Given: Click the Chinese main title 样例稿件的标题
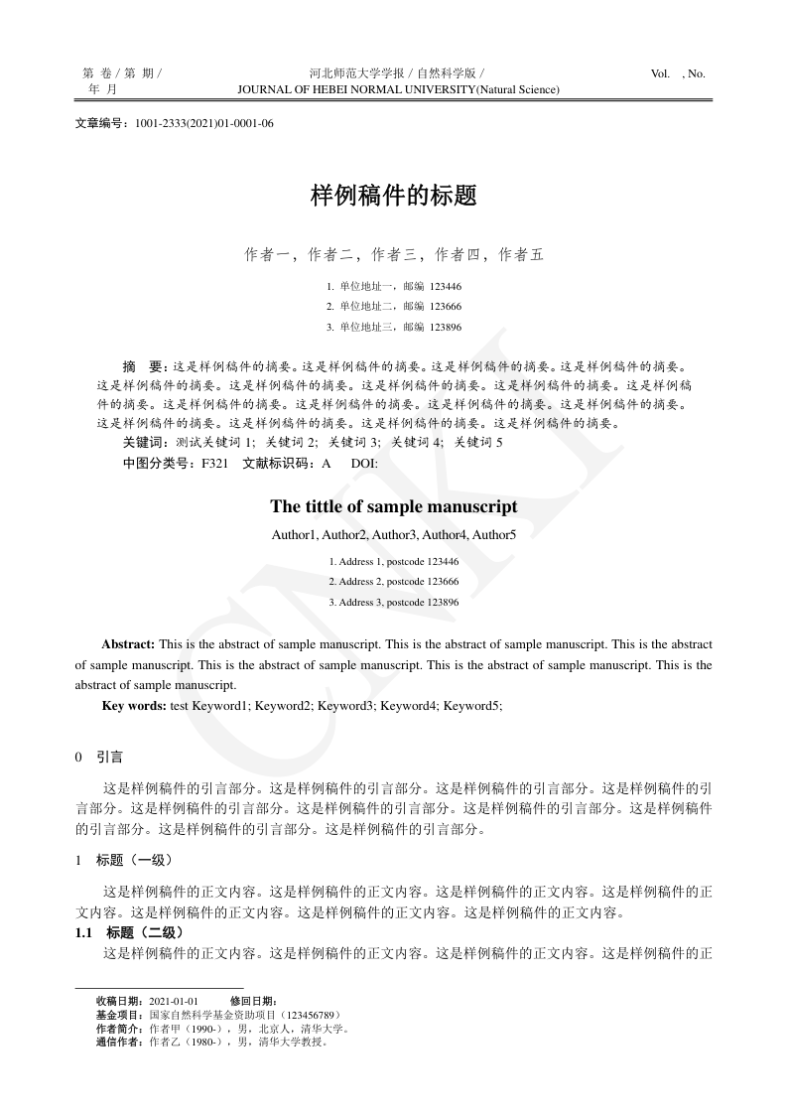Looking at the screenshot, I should tap(394, 196).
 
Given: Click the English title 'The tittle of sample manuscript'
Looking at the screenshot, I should tap(394, 506).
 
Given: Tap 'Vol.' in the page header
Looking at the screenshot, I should tap(660, 73).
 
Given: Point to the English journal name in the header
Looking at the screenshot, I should tap(398, 89).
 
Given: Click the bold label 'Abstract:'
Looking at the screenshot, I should tap(128, 644).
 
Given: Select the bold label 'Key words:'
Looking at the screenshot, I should tap(134, 705).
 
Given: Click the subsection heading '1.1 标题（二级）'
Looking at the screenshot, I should tap(130, 932).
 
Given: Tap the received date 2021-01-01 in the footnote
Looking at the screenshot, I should tap(174, 1001).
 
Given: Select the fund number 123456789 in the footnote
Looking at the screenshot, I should tap(312, 1015).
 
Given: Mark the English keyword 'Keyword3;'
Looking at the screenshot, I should tap(348, 705).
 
